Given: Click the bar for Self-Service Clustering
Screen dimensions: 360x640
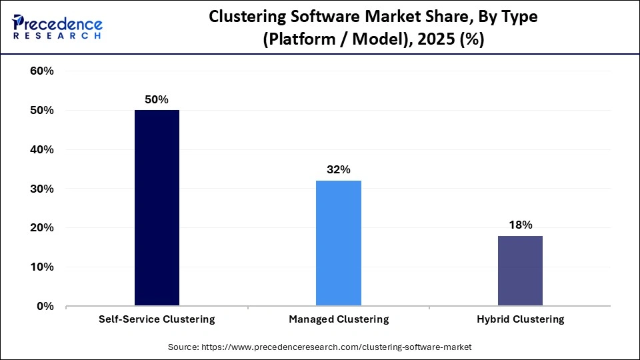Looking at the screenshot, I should [157, 208].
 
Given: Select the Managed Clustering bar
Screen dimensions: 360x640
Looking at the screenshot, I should [339, 243].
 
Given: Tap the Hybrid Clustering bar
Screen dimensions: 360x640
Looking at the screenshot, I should [520, 271].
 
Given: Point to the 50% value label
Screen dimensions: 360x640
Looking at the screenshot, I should [157, 99].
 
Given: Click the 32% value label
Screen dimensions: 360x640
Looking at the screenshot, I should [339, 169].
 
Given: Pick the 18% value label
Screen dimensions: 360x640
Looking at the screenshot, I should [520, 225].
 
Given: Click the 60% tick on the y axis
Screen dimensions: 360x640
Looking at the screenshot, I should [42, 71].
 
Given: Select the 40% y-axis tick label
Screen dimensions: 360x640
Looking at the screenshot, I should [42, 150].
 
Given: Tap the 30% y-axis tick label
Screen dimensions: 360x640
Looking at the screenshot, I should [42, 189].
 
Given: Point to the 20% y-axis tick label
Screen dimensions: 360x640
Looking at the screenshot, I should [42, 228].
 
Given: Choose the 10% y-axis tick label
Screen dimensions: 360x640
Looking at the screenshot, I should [42, 267].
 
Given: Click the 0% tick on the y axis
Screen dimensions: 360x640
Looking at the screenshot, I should [45, 307].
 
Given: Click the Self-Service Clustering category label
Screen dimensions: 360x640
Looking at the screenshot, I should [157, 319].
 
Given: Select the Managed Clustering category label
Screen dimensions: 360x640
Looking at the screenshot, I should [339, 319].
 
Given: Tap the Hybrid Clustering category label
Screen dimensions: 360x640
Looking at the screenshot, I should [520, 319].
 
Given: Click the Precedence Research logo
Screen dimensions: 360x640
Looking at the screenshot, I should [57, 25].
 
